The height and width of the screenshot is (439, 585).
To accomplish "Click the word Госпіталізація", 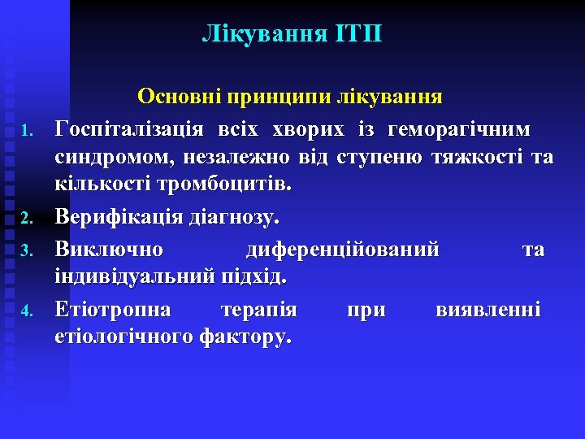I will pyautogui.click(x=129, y=128).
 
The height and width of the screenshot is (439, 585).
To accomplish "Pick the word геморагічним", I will pyautogui.click(x=460, y=128).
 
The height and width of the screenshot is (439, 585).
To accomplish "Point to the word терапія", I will pyautogui.click(x=259, y=309).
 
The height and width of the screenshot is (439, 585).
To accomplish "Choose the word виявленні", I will pyautogui.click(x=488, y=309).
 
